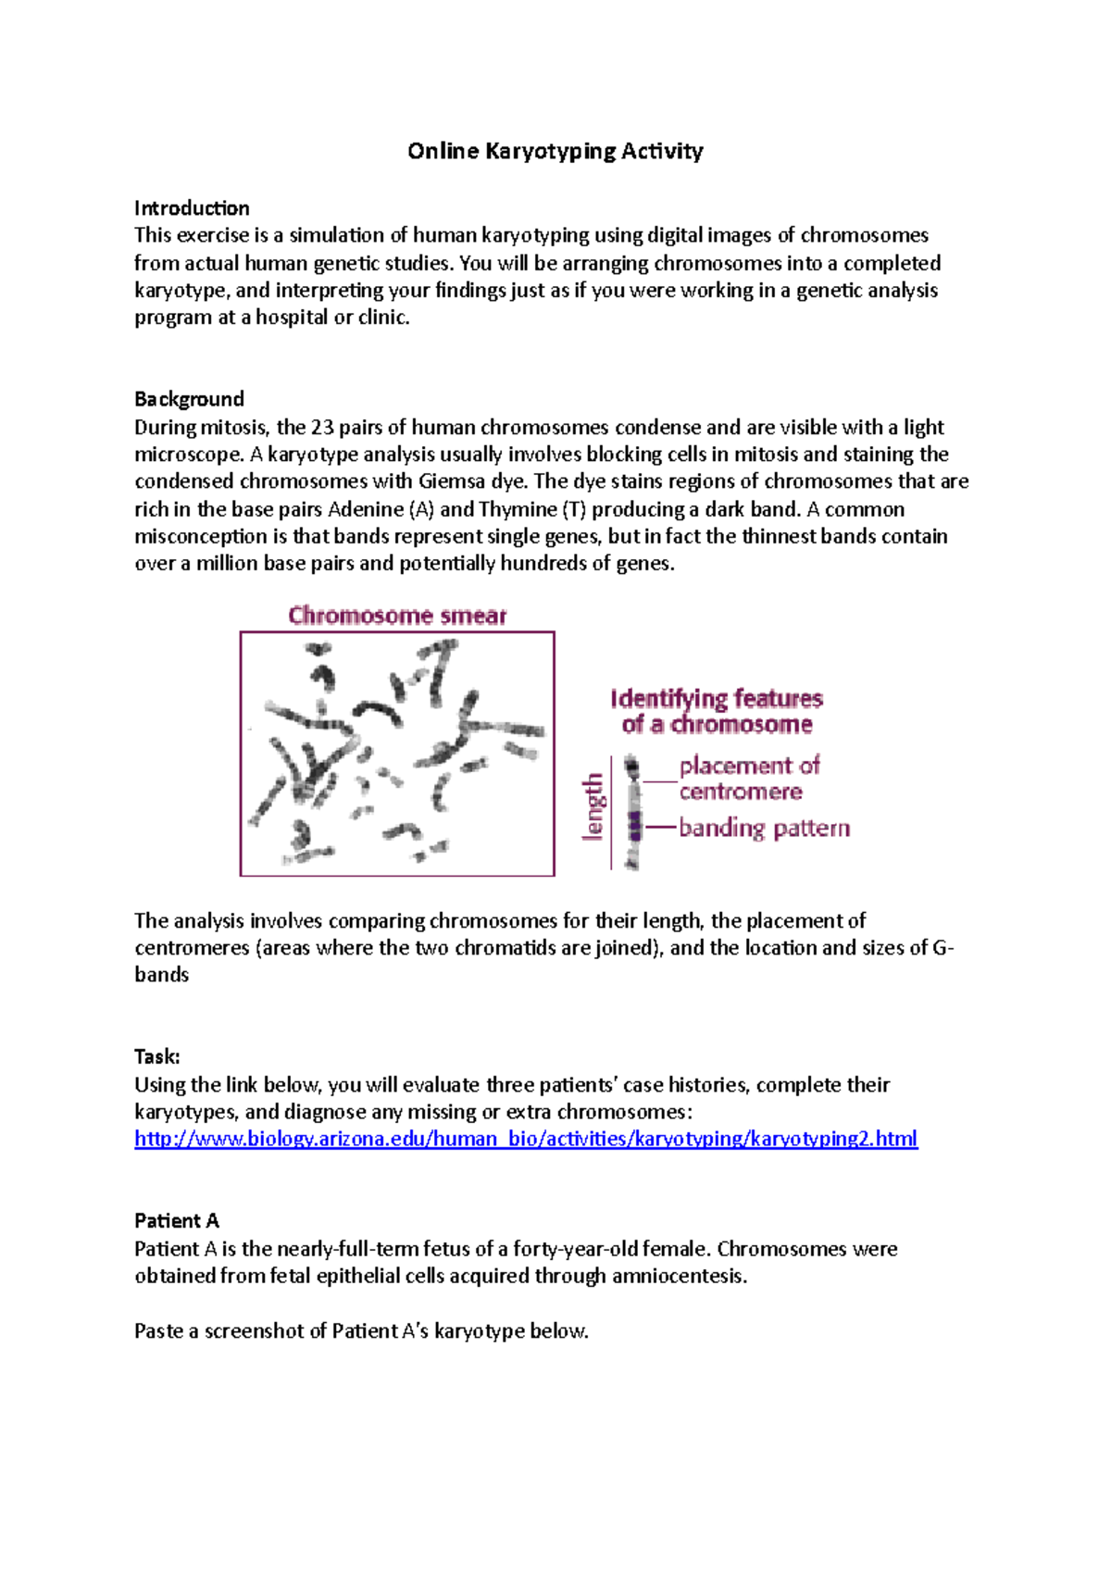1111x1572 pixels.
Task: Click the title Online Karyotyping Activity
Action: point(555,151)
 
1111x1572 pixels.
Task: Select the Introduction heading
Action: point(192,207)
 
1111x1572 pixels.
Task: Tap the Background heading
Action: point(189,399)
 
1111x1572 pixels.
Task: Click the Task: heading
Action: point(156,1056)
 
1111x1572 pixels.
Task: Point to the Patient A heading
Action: point(176,1220)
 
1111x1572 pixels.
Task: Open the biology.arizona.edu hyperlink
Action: point(525,1139)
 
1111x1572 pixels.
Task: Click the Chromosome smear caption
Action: point(397,616)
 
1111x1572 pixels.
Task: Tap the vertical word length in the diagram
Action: point(593,807)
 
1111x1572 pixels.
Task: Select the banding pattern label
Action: point(764,828)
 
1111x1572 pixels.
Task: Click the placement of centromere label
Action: point(748,779)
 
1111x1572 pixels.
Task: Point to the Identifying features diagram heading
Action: point(717,711)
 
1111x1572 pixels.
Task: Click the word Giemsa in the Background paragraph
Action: point(452,481)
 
